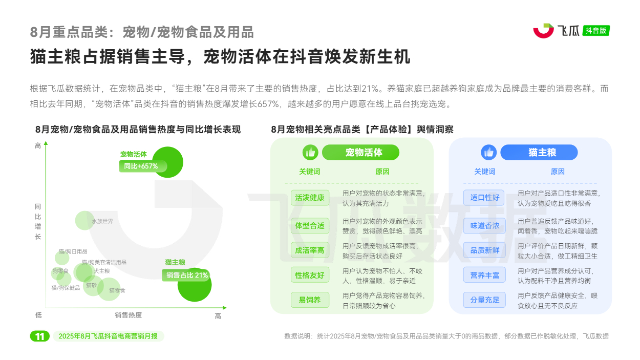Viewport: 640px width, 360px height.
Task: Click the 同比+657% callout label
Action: tap(143, 166)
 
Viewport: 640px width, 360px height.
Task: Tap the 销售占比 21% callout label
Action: tap(186, 275)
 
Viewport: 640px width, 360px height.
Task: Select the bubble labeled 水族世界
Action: tap(84, 220)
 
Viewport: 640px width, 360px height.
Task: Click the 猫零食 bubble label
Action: tap(117, 290)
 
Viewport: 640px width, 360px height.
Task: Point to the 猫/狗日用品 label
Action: tap(73, 251)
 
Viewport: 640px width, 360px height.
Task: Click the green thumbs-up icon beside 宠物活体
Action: tap(310, 152)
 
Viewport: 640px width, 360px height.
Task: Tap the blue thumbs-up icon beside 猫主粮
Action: tap(488, 152)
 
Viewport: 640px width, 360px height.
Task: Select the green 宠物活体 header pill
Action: tap(360, 152)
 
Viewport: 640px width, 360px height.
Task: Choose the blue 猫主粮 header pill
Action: tap(539, 152)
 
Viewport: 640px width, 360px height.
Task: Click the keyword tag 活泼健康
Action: tap(310, 198)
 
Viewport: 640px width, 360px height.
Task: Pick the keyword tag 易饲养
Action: tap(310, 300)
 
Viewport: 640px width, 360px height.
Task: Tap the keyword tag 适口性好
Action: tap(484, 198)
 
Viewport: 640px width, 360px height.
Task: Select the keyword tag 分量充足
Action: tap(484, 300)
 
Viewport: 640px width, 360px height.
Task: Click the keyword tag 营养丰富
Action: tap(484, 275)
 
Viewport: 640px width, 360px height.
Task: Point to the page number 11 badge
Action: tap(40, 336)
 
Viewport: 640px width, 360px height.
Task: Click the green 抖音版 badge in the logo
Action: tap(596, 31)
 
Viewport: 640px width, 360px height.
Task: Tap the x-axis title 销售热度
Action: tap(129, 315)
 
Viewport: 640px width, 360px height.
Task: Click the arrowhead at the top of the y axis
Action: tap(46, 143)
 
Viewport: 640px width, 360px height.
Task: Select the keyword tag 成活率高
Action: tap(310, 250)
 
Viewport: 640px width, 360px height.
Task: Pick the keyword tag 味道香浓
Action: tap(484, 226)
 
